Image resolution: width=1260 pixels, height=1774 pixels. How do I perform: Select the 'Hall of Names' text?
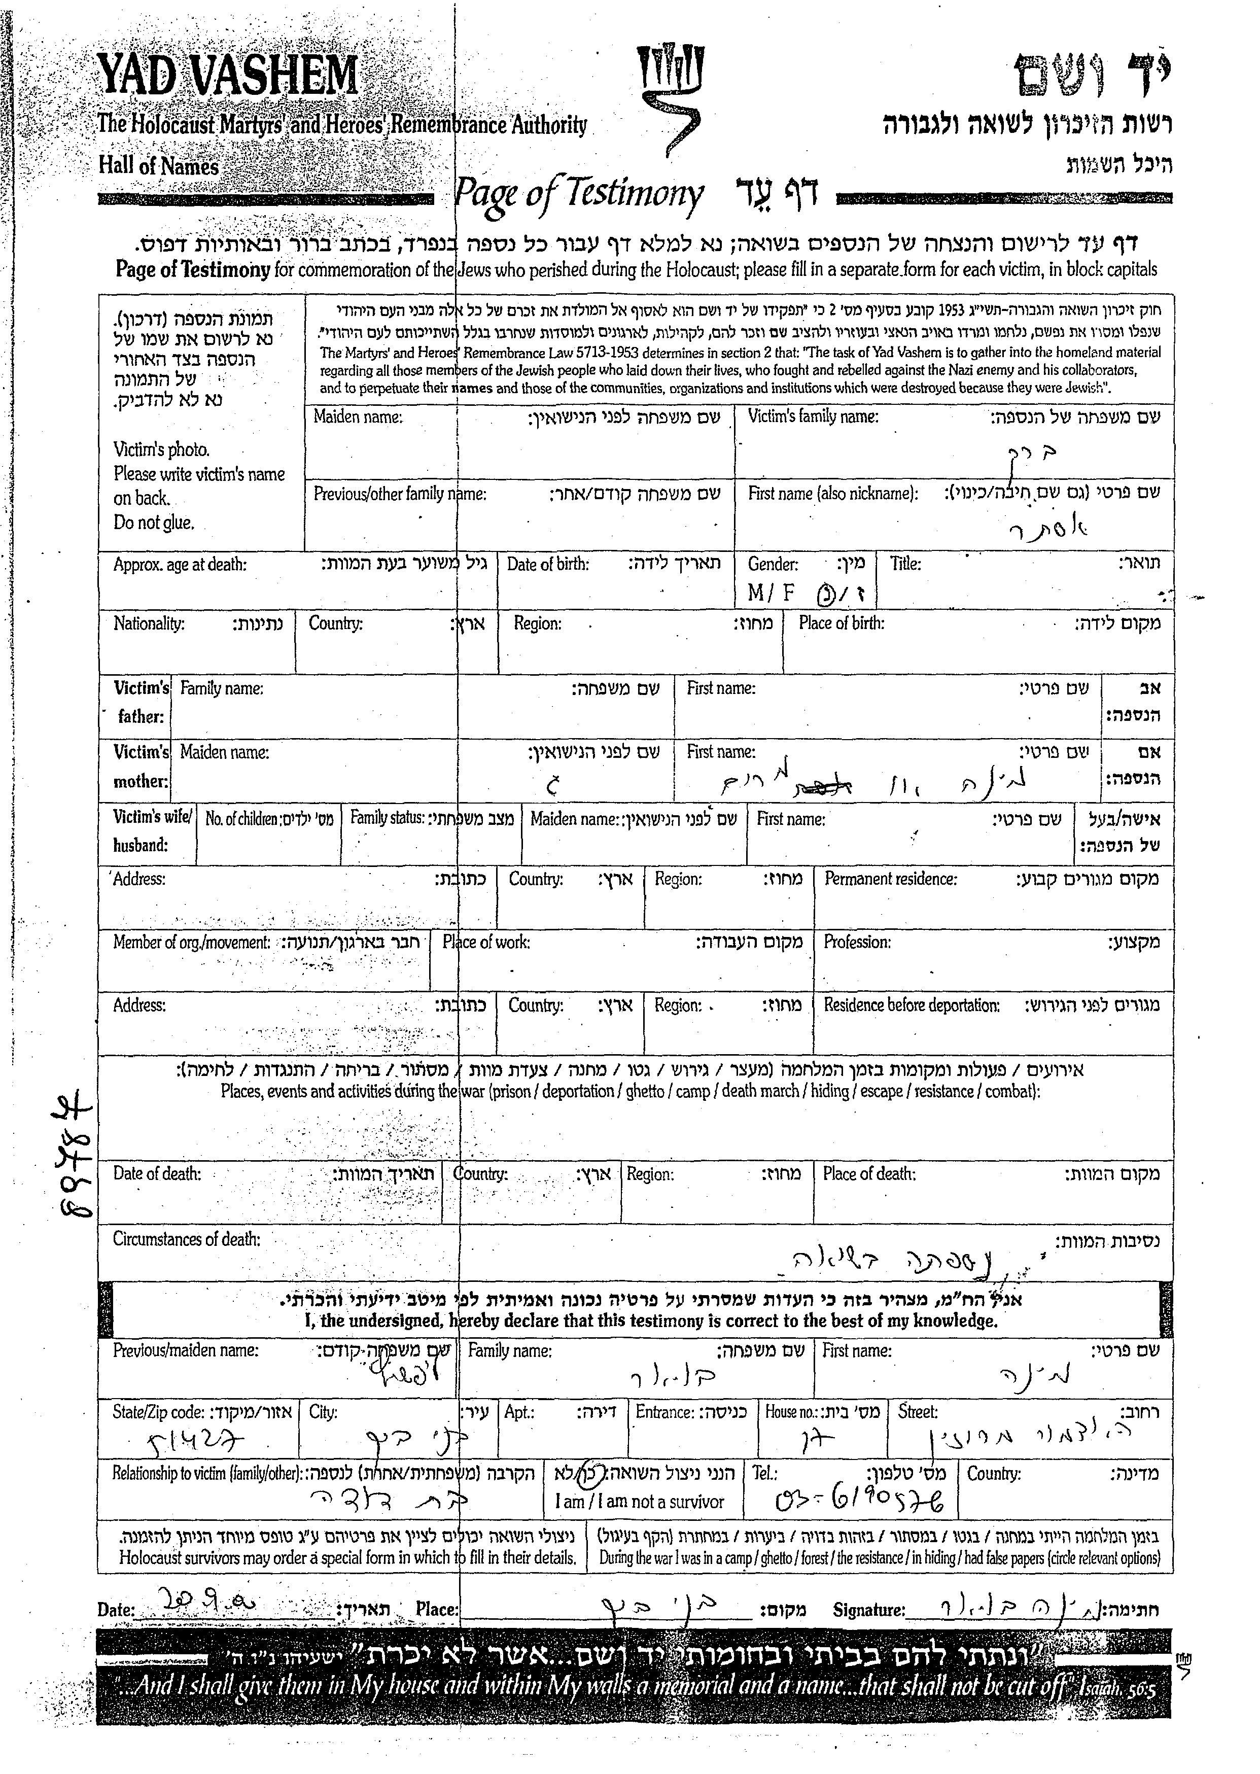coord(158,166)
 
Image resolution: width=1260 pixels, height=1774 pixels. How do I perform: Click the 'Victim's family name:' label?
coord(812,416)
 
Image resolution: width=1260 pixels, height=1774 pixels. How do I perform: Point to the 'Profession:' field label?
coord(857,942)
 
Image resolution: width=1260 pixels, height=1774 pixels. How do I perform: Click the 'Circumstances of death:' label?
coord(186,1239)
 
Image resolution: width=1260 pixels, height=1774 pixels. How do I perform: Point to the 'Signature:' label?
coord(868,1610)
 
